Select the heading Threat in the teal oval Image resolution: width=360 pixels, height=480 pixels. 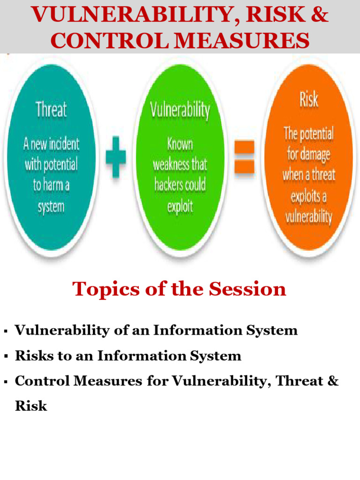(51, 110)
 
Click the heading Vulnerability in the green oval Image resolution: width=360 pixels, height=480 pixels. (180, 110)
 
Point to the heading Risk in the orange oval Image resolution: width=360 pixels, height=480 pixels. (308, 99)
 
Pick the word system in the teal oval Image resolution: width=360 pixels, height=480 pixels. (51, 206)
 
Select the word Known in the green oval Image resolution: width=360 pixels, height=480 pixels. (180, 144)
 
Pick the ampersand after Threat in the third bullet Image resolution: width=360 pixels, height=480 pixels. (333, 381)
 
